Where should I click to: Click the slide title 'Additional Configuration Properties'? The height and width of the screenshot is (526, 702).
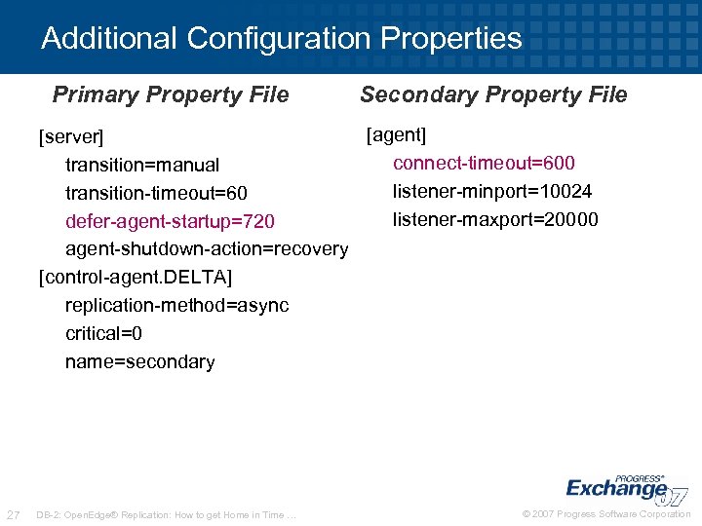[282, 39]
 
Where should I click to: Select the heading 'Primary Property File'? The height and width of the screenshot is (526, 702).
[171, 94]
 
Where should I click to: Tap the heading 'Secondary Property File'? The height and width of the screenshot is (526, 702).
[493, 94]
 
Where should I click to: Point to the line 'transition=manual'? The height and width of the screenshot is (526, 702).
[142, 165]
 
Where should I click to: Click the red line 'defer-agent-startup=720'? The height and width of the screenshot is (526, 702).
[170, 221]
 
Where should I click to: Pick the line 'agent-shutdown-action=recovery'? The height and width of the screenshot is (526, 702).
[207, 249]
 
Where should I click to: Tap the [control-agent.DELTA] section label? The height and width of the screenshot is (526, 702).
[136, 278]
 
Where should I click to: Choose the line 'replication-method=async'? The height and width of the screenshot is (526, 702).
[177, 306]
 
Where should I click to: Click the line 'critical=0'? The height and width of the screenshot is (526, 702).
[104, 334]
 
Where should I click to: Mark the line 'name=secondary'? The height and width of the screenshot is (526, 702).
[140, 362]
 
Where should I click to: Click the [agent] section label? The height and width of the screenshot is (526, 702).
[397, 134]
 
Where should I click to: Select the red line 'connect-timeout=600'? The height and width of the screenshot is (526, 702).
[485, 163]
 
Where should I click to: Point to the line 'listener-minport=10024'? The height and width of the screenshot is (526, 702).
[492, 191]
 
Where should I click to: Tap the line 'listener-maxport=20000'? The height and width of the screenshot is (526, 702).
[495, 219]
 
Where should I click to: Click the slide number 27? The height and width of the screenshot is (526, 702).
[14, 514]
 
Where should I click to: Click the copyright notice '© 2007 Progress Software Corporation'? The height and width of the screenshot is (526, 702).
[606, 514]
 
